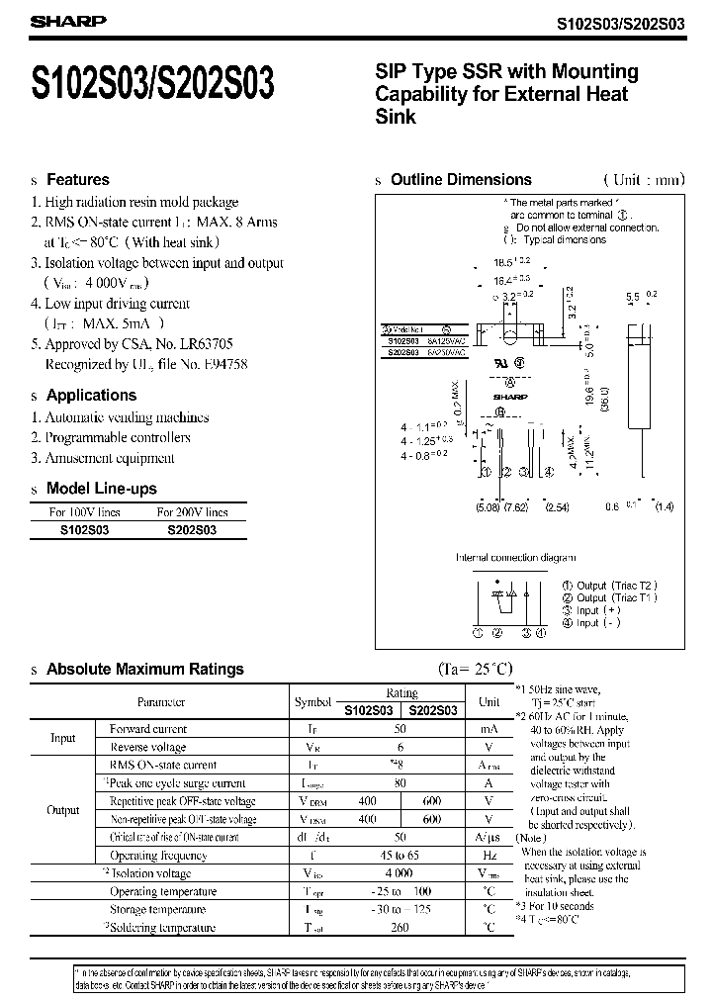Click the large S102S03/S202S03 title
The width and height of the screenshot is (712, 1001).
point(154,85)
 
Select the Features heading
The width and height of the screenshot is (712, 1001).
point(78,180)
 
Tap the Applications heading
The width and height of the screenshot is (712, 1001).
point(92,395)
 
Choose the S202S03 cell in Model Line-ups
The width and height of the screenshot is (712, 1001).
point(192,530)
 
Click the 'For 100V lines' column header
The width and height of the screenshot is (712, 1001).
point(85,512)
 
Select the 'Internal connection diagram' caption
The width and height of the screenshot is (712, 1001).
point(514,557)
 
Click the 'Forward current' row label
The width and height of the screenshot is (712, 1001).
point(148,729)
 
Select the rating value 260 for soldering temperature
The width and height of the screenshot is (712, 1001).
point(400,928)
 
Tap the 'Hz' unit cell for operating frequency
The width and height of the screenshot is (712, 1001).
point(489,856)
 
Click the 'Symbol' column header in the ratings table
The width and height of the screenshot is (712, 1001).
point(312,701)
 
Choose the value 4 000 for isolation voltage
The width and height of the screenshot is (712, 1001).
point(400,873)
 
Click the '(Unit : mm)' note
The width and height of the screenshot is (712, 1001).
point(643,180)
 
